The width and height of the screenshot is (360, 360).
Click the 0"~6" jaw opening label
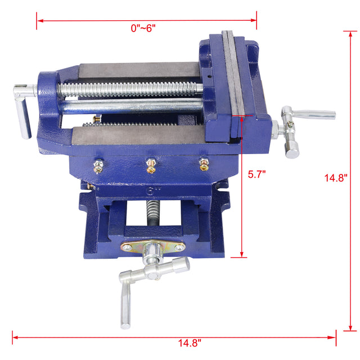[x=143, y=28]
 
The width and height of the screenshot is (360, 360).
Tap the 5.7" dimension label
[x=257, y=174]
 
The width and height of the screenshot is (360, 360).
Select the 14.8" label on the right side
[x=336, y=177]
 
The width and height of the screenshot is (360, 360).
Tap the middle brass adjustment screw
[x=151, y=165]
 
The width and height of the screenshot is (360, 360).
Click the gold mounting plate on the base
[x=154, y=247]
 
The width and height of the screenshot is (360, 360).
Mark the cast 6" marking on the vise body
[x=151, y=190]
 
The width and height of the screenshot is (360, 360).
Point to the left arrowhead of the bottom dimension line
[x=14, y=337]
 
